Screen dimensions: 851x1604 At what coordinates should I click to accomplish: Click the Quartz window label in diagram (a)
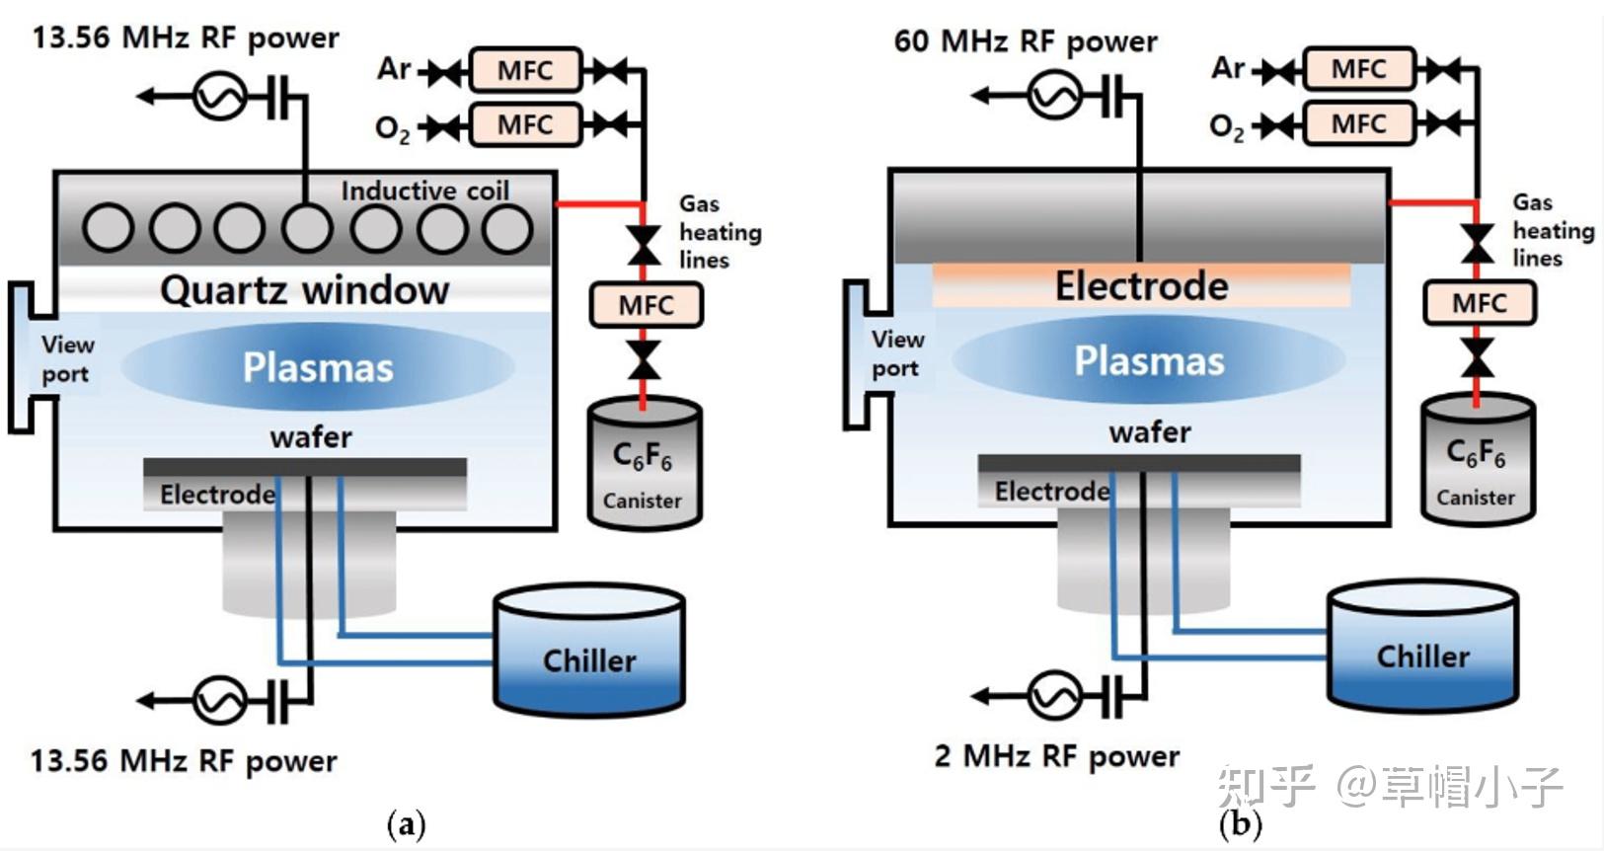(304, 290)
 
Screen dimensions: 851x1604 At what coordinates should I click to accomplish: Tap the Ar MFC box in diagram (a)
(524, 70)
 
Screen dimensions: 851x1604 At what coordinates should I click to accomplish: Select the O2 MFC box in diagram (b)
(1358, 123)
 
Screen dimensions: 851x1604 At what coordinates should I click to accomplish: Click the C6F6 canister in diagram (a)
(644, 464)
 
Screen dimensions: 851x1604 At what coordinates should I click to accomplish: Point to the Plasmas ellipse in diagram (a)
(318, 367)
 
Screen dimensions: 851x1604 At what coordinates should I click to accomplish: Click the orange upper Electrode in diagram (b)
(1141, 286)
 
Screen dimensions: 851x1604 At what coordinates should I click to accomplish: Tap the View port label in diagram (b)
(896, 353)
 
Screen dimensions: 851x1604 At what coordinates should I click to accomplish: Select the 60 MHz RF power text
(1025, 41)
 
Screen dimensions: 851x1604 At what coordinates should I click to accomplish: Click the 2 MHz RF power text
(1056, 756)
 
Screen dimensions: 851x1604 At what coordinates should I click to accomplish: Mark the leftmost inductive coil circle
(109, 227)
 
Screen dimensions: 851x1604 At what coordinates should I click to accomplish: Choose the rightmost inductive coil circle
(507, 227)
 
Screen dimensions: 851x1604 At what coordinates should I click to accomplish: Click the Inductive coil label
(425, 191)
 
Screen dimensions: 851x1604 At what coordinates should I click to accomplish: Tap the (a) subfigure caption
(406, 823)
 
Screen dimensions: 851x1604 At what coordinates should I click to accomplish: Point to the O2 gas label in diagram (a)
(392, 128)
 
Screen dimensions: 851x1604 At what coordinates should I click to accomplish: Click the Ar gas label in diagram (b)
(1228, 68)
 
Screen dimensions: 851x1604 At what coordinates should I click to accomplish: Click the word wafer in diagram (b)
(1150, 432)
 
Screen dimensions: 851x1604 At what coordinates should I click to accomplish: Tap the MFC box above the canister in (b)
(1479, 303)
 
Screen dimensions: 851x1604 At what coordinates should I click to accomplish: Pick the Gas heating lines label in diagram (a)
(719, 232)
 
